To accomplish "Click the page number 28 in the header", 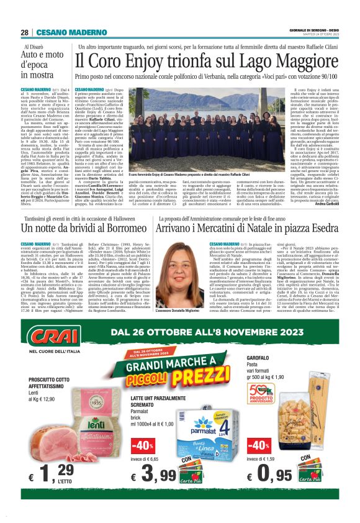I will (24, 32).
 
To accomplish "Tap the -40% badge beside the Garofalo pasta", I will (258, 445).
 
